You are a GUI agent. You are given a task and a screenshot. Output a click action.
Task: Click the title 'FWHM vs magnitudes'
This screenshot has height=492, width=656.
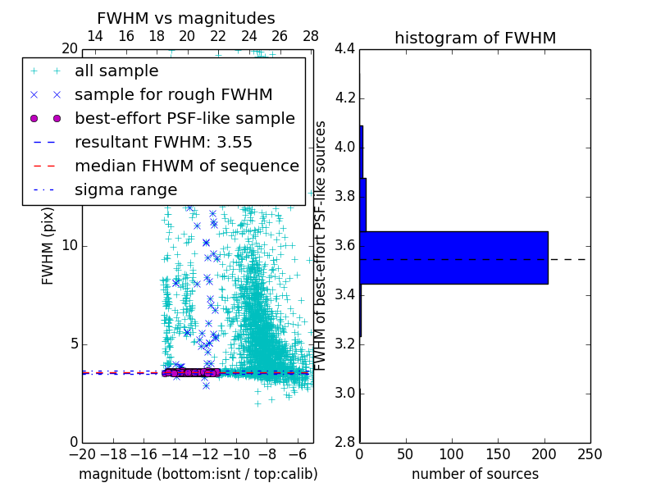[186, 18]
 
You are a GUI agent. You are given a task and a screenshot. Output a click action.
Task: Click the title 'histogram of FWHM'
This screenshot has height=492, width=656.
[475, 38]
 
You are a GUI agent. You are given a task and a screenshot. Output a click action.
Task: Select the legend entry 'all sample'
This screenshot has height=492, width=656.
[116, 71]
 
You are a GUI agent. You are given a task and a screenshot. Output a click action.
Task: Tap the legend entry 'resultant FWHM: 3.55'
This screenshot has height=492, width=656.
[163, 142]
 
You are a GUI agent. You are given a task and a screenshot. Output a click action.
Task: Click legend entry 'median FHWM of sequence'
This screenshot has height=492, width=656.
[186, 166]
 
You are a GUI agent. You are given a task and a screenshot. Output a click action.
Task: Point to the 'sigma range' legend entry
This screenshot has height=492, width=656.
[125, 189]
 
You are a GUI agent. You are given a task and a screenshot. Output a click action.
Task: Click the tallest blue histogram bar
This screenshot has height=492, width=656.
[453, 257]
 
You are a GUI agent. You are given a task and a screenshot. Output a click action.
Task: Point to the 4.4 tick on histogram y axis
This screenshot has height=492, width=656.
[344, 49]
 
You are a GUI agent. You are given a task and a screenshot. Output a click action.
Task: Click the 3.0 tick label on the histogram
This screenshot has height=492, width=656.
[344, 393]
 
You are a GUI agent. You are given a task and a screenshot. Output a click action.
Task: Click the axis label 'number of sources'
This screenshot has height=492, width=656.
[475, 474]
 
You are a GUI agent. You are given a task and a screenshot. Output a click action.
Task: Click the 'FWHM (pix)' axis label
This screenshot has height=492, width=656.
[48, 245]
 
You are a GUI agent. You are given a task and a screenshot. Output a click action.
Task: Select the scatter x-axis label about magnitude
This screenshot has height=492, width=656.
[198, 474]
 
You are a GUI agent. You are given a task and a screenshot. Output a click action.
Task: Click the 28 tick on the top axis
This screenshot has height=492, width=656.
[311, 36]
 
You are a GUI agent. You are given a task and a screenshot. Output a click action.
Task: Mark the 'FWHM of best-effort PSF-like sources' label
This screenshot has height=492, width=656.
[321, 245]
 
